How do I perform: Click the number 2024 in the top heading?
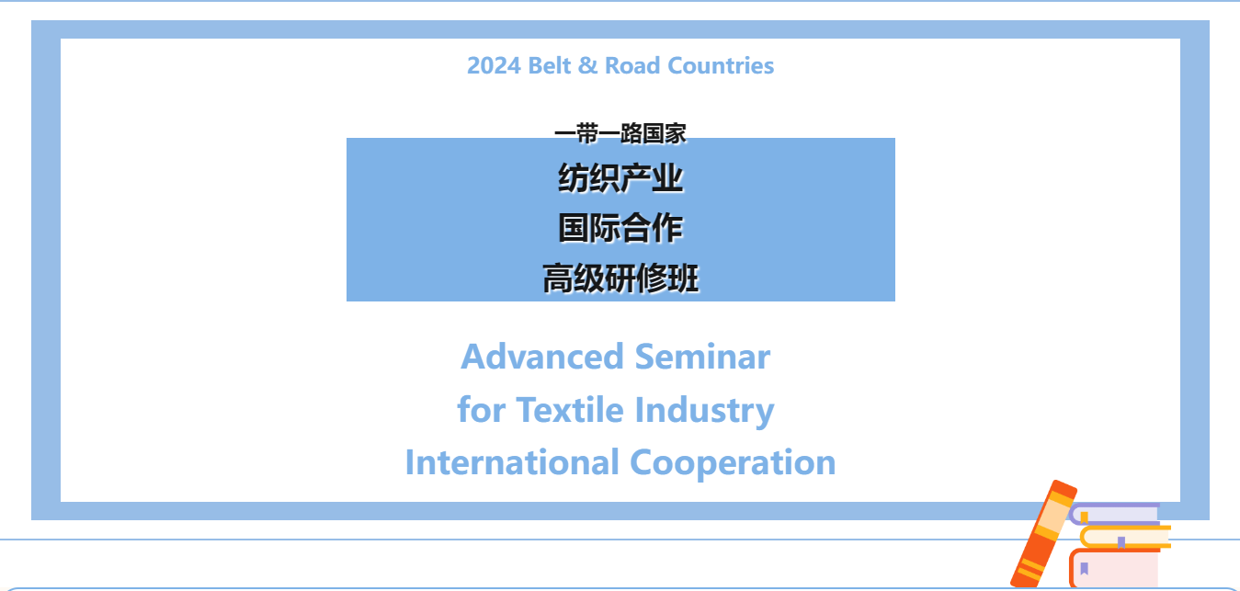(x=494, y=66)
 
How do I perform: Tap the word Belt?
(x=549, y=66)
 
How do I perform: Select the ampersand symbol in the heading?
(x=588, y=66)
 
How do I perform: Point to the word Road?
(x=632, y=66)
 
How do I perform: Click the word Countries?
(x=721, y=66)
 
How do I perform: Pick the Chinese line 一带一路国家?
(x=620, y=133)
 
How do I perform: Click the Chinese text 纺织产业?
(x=620, y=178)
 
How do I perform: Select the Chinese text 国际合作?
(x=620, y=228)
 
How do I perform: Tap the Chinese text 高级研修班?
(x=620, y=278)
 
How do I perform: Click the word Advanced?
(x=542, y=357)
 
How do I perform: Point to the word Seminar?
(x=702, y=357)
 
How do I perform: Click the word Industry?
(x=704, y=411)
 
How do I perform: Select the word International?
(x=512, y=462)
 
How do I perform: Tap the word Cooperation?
(x=733, y=464)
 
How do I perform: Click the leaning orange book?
(x=1043, y=533)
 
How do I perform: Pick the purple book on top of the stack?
(x=1114, y=514)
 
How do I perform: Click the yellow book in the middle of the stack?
(x=1125, y=537)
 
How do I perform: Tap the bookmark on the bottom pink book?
(x=1085, y=568)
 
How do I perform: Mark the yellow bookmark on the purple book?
(x=1085, y=517)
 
